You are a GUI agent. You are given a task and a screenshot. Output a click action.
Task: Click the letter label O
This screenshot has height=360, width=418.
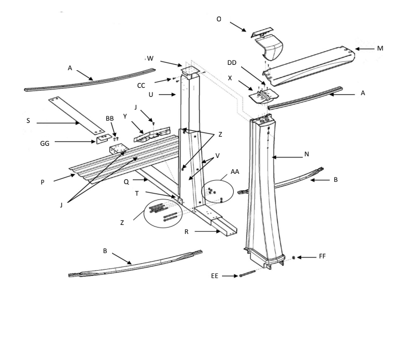point(219,19)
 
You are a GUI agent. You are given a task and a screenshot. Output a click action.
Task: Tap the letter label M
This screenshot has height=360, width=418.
point(380,48)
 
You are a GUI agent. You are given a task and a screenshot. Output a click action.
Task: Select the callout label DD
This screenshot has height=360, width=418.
point(232,63)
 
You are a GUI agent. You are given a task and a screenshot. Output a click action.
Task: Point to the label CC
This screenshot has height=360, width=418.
point(141,85)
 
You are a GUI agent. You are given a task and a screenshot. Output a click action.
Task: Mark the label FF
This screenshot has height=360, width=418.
point(322,257)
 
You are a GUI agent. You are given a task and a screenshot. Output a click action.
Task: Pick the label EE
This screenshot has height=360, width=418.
point(216,276)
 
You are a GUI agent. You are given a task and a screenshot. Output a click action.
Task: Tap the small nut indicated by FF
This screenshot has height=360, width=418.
point(293,258)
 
